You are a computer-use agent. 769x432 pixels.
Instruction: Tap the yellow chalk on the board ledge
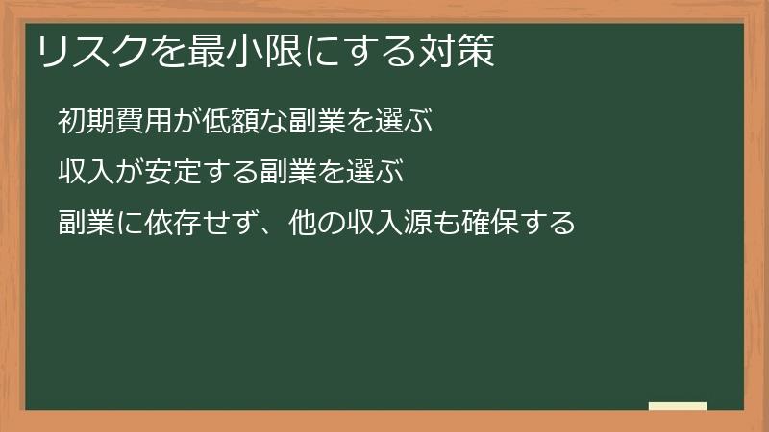(x=678, y=406)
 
